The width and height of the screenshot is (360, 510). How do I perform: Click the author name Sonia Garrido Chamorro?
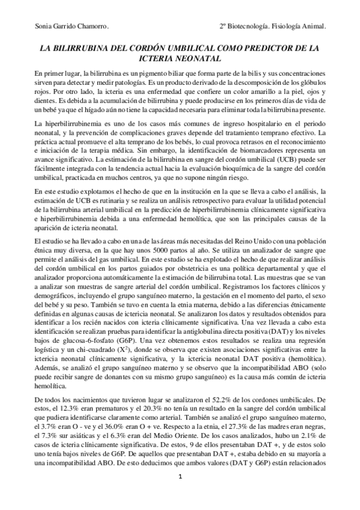[66, 27]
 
